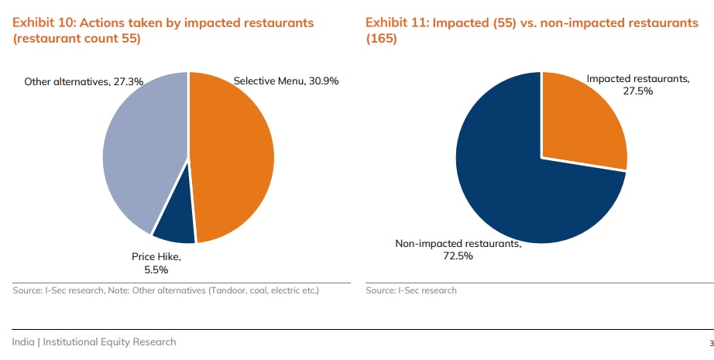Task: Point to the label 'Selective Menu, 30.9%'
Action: coord(286,81)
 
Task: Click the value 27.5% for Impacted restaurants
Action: coord(638,91)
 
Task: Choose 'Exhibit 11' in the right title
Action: coord(396,22)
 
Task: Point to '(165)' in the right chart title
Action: coord(381,38)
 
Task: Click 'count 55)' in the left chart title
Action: coord(112,38)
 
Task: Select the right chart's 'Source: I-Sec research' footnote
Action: coord(411,290)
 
